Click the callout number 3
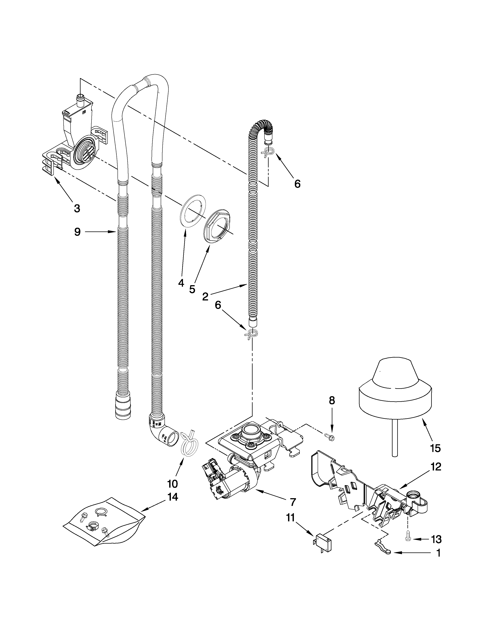(77, 208)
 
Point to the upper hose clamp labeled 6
(268, 153)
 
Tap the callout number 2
(205, 296)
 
